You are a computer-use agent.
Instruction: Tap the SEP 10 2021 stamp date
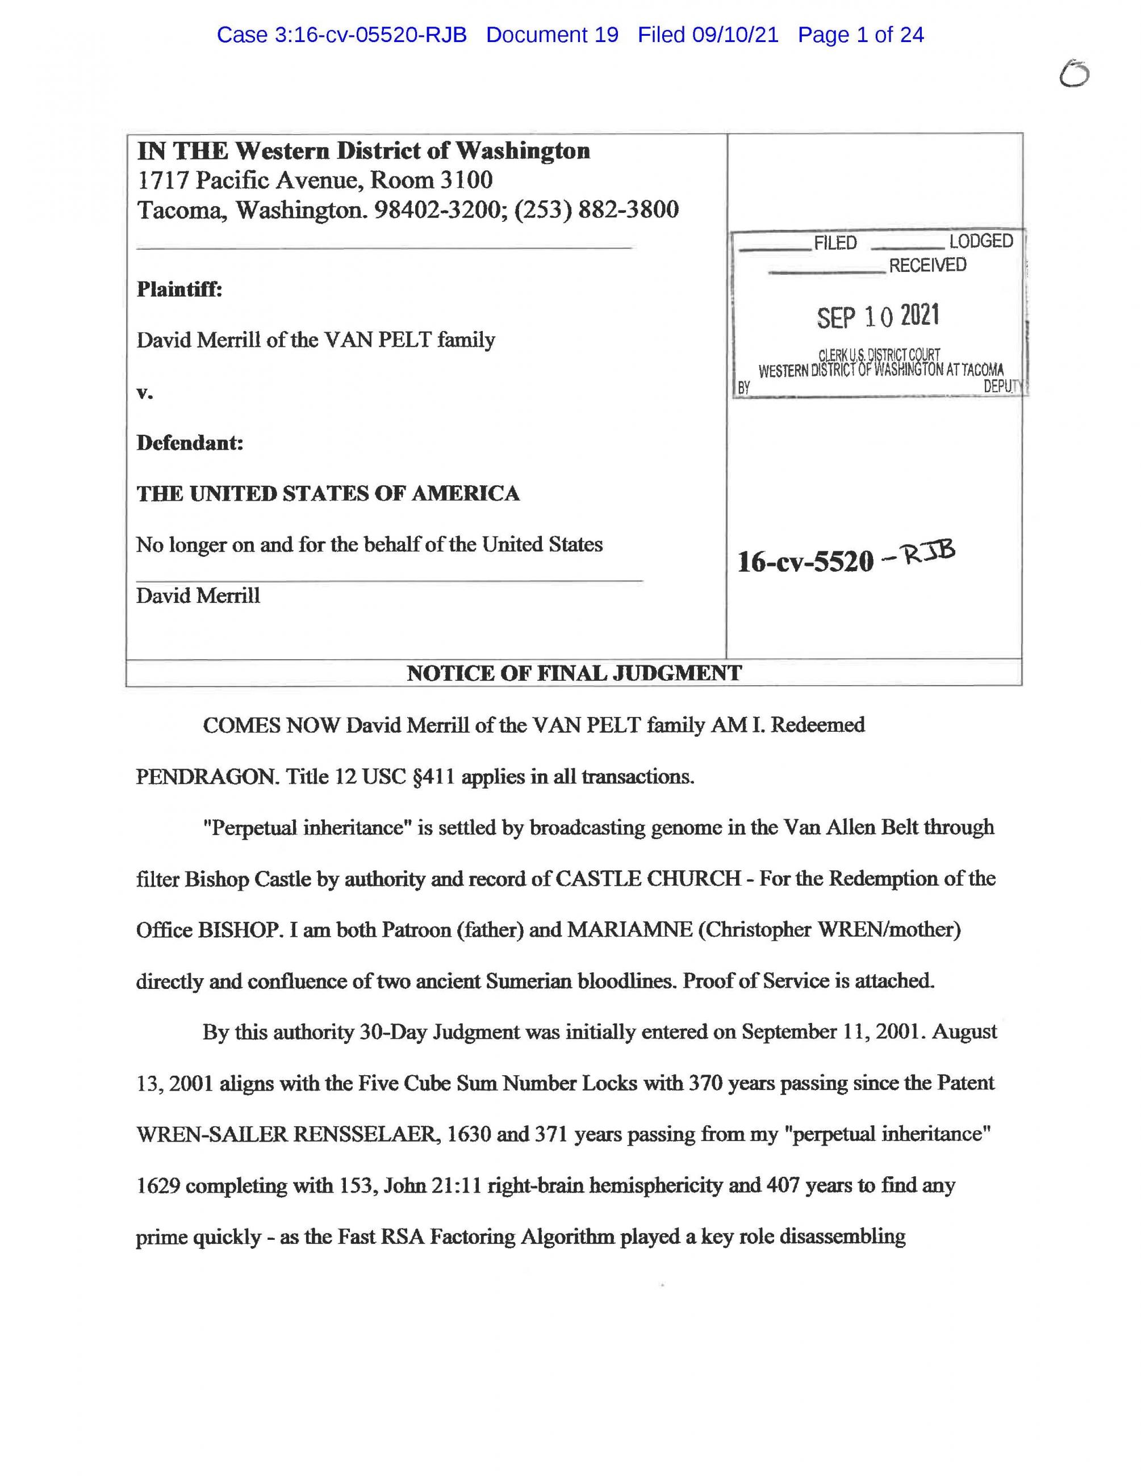pyautogui.click(x=877, y=316)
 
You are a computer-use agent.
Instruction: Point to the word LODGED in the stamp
pyautogui.click(x=980, y=241)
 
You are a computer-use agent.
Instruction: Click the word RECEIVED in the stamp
pyautogui.click(x=927, y=265)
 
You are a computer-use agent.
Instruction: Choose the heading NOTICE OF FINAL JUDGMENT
pyautogui.click(x=573, y=673)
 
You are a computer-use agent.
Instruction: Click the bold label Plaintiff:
pyautogui.click(x=179, y=290)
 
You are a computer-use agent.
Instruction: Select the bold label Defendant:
pyautogui.click(x=190, y=443)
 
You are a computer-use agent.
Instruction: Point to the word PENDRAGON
pyautogui.click(x=206, y=777)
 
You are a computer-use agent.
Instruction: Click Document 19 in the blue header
pyautogui.click(x=551, y=35)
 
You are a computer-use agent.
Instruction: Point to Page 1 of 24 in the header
pyautogui.click(x=860, y=35)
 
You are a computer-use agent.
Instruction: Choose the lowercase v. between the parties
pyautogui.click(x=145, y=393)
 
